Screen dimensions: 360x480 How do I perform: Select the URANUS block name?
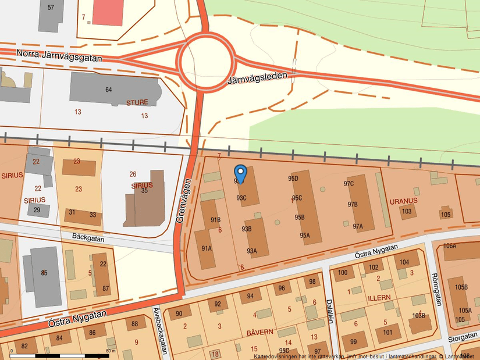coord(404,201)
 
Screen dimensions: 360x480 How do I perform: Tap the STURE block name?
coord(137,102)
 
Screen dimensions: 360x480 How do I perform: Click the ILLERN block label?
coord(379,297)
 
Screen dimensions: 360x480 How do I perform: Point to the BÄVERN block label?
coord(259,332)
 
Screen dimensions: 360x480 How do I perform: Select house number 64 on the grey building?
coord(108,90)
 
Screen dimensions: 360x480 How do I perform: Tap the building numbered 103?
coord(407,211)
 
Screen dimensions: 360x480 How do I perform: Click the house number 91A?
coord(206,248)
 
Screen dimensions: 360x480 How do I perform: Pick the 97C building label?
coord(349,184)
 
